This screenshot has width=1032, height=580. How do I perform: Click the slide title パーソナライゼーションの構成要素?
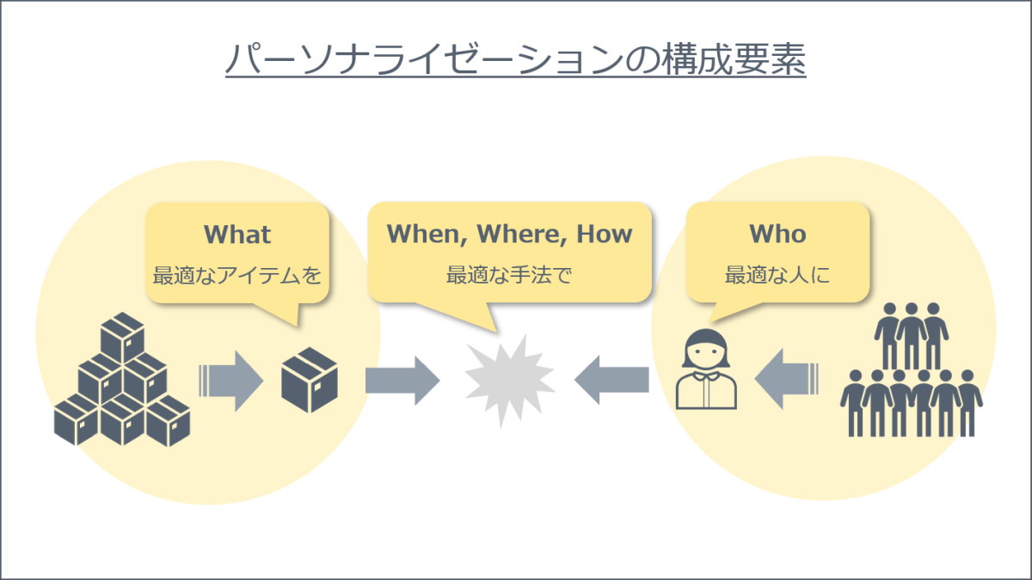click(x=515, y=59)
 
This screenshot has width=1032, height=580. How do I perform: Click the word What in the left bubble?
click(x=237, y=235)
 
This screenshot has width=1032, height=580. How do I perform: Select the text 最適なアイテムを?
click(x=236, y=275)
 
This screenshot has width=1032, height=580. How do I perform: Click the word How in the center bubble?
click(x=605, y=234)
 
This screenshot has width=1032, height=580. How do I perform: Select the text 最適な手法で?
click(x=509, y=275)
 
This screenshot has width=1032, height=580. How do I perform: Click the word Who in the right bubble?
click(x=777, y=234)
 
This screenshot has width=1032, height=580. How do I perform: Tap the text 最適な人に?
click(x=777, y=275)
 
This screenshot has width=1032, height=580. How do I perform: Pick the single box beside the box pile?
click(x=309, y=380)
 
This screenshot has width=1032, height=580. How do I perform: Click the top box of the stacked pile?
click(x=122, y=338)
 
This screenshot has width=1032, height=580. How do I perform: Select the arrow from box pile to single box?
click(x=231, y=382)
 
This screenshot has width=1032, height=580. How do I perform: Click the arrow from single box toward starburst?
click(x=402, y=381)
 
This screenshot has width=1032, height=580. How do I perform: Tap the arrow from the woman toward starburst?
click(x=611, y=380)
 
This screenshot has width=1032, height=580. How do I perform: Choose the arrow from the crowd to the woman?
click(x=786, y=379)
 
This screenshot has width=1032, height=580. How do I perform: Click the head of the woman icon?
click(x=706, y=349)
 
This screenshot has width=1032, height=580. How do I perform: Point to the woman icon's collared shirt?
click(x=706, y=390)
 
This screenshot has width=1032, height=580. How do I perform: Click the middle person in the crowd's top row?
click(x=912, y=336)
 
